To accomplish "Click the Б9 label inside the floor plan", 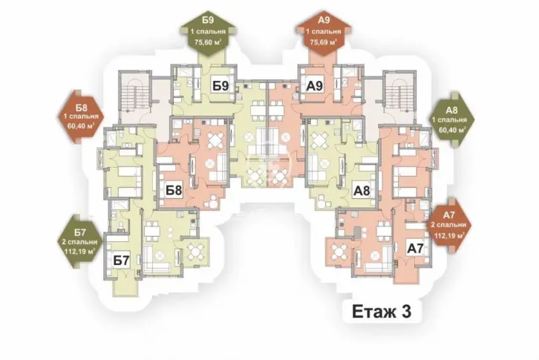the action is click(220, 85).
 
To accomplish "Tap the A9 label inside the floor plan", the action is click(315, 85).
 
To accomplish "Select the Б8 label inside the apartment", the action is click(174, 190).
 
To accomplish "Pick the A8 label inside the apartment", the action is click(362, 190).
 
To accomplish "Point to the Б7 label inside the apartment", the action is click(121, 261).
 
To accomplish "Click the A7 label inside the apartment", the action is click(415, 248).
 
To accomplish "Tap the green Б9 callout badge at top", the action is click(208, 34).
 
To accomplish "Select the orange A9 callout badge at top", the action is click(324, 34).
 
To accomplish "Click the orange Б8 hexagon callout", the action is click(81, 117).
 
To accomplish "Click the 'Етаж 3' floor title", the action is click(382, 312).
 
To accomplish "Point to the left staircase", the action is click(135, 96).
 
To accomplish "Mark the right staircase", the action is click(399, 96).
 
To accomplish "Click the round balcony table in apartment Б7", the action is click(195, 253).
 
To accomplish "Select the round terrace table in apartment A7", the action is click(339, 253).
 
